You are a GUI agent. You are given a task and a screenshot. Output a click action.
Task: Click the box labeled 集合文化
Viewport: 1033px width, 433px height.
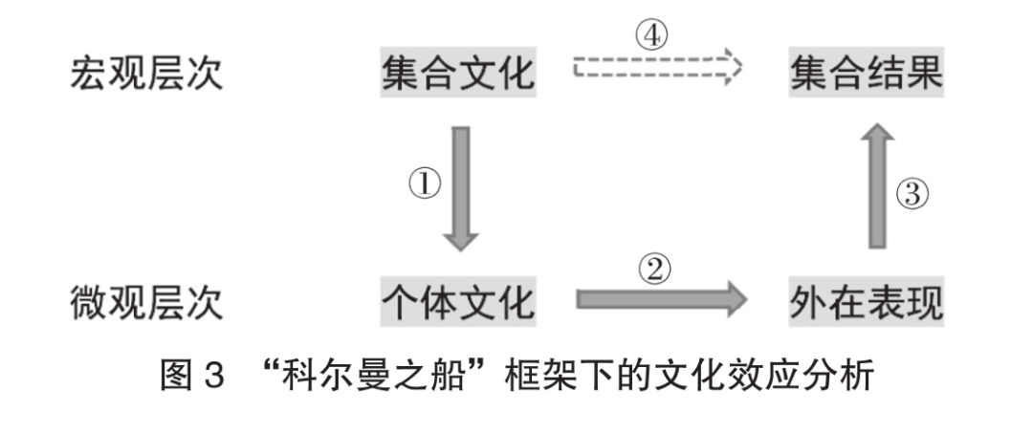pyautogui.click(x=458, y=72)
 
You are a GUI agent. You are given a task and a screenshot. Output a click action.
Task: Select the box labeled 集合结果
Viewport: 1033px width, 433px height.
pyautogui.click(x=867, y=72)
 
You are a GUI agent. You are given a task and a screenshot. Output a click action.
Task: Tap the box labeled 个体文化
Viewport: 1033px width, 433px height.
pyautogui.click(x=458, y=301)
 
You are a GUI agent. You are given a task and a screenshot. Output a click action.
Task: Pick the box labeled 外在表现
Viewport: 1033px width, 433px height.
pyautogui.click(x=867, y=301)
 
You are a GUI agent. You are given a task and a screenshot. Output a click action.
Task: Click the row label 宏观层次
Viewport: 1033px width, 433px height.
pyautogui.click(x=146, y=73)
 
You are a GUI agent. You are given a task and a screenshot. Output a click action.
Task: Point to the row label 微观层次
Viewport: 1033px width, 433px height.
pyautogui.click(x=146, y=302)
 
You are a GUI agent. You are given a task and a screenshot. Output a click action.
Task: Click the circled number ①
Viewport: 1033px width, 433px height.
pyautogui.click(x=425, y=184)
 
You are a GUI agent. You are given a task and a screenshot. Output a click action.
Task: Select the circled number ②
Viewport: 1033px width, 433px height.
pyautogui.click(x=654, y=271)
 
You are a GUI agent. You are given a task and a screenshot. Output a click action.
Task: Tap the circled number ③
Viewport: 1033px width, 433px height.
pyautogui.click(x=912, y=195)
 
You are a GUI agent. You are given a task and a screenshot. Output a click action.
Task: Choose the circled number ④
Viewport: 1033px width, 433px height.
pyautogui.click(x=651, y=36)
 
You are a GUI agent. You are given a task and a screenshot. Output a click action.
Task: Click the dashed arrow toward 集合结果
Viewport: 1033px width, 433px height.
pyautogui.click(x=657, y=67)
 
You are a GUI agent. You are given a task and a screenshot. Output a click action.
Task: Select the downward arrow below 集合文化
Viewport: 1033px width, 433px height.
pyautogui.click(x=460, y=189)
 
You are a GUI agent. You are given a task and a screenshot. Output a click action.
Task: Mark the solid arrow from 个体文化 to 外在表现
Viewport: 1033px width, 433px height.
pyautogui.click(x=662, y=299)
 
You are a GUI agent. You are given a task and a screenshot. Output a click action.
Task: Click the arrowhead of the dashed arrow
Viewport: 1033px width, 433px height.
pyautogui.click(x=734, y=67)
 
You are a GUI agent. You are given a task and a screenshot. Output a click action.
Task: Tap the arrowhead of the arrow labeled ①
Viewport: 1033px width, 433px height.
pyautogui.click(x=460, y=242)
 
